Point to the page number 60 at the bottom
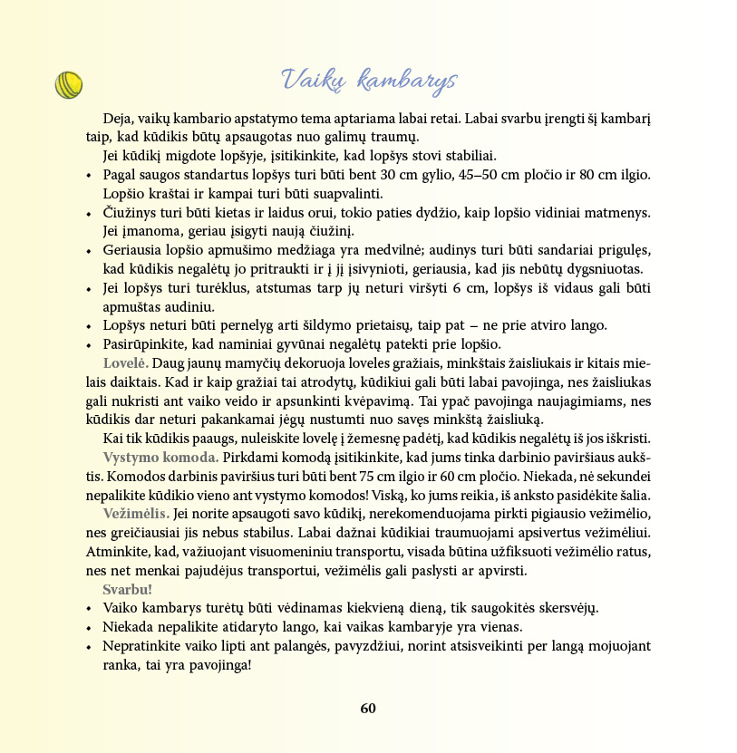click(368, 709)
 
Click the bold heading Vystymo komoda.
click(160, 457)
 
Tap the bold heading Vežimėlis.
click(136, 514)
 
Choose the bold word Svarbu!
click(128, 590)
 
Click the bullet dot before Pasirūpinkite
click(89, 344)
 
